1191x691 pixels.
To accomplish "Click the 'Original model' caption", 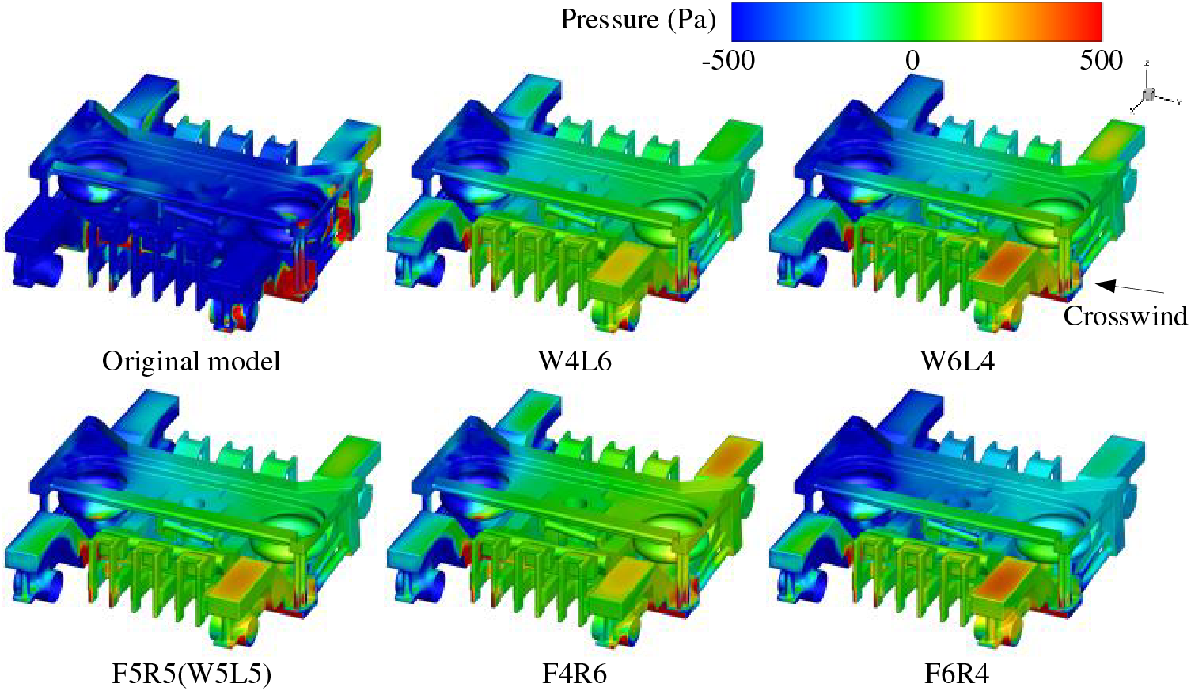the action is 192,362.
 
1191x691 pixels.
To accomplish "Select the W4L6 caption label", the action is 575,362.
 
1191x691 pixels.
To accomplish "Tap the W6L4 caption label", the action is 958,362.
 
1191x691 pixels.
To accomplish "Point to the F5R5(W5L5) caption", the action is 192,674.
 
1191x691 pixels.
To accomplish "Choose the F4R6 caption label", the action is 575,674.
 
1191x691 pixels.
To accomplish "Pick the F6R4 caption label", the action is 958,674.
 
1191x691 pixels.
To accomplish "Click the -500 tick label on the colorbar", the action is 728,61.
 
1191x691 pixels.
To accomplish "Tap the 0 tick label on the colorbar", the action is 912,61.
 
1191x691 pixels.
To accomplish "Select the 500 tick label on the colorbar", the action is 1101,61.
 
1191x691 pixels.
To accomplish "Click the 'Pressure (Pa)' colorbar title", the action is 638,21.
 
